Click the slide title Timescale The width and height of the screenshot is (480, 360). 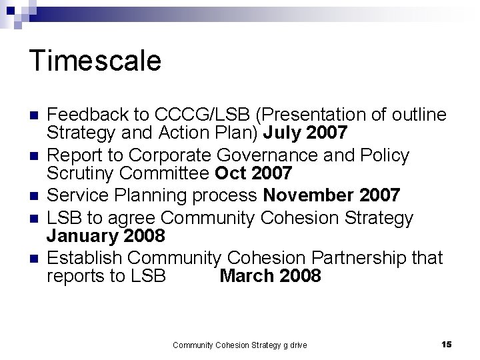pos(95,61)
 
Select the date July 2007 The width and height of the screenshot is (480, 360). pos(305,133)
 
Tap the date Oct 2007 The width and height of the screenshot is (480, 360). pos(253,174)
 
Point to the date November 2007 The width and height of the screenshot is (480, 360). pos(332,195)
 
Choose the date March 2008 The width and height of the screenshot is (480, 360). pos(270,276)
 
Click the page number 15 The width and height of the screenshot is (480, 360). pos(447,344)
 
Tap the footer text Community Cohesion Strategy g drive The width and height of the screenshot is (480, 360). pos(239,345)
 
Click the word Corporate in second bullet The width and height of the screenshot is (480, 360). pos(169,155)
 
